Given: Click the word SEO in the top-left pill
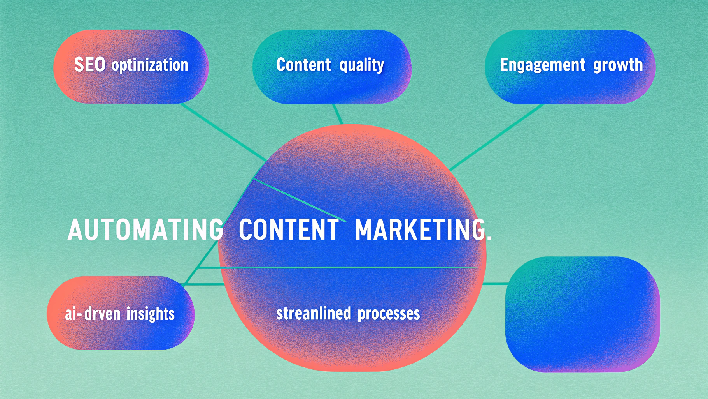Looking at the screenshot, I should click(x=90, y=65).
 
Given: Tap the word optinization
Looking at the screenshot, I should click(x=150, y=65).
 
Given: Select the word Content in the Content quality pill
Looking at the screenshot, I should click(x=303, y=65).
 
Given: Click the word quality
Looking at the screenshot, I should click(x=361, y=65).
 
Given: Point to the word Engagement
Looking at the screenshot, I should click(x=543, y=65).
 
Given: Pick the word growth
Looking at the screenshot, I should click(x=618, y=65).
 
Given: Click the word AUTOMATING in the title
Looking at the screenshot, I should click(x=145, y=230).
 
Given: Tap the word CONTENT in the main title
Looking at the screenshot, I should click(x=289, y=230).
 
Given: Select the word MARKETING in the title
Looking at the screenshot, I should click(x=420, y=230).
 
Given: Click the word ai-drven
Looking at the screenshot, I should click(x=93, y=314).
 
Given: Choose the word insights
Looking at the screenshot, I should click(x=151, y=314).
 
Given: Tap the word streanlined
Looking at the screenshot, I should click(x=314, y=313).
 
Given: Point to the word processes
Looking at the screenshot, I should click(x=389, y=314).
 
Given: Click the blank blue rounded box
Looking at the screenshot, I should click(x=582, y=314).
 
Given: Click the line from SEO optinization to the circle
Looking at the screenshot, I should click(x=224, y=132).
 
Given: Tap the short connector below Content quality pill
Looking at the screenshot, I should click(x=338, y=114).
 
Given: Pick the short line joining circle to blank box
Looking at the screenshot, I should click(x=495, y=284).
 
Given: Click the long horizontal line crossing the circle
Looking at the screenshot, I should click(x=338, y=267).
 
